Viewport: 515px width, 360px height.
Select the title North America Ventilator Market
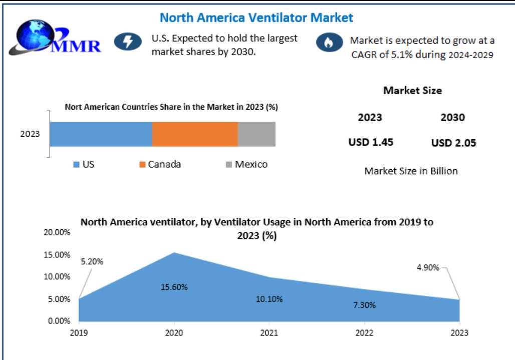pos(256,18)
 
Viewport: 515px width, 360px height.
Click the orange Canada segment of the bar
pos(195,134)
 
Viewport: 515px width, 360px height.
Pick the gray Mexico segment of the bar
pos(256,134)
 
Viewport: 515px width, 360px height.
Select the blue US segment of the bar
pos(101,134)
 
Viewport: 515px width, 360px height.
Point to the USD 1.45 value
pos(371,142)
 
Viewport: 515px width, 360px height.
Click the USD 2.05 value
pos(453,143)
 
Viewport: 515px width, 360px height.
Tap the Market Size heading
pos(412,91)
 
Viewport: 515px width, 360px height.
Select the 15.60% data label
pos(174,287)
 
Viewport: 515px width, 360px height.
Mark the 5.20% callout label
pos(92,261)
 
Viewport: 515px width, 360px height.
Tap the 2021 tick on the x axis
pos(269,332)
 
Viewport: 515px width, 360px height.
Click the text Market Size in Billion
pos(411,171)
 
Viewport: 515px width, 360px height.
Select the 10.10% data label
pos(269,299)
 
